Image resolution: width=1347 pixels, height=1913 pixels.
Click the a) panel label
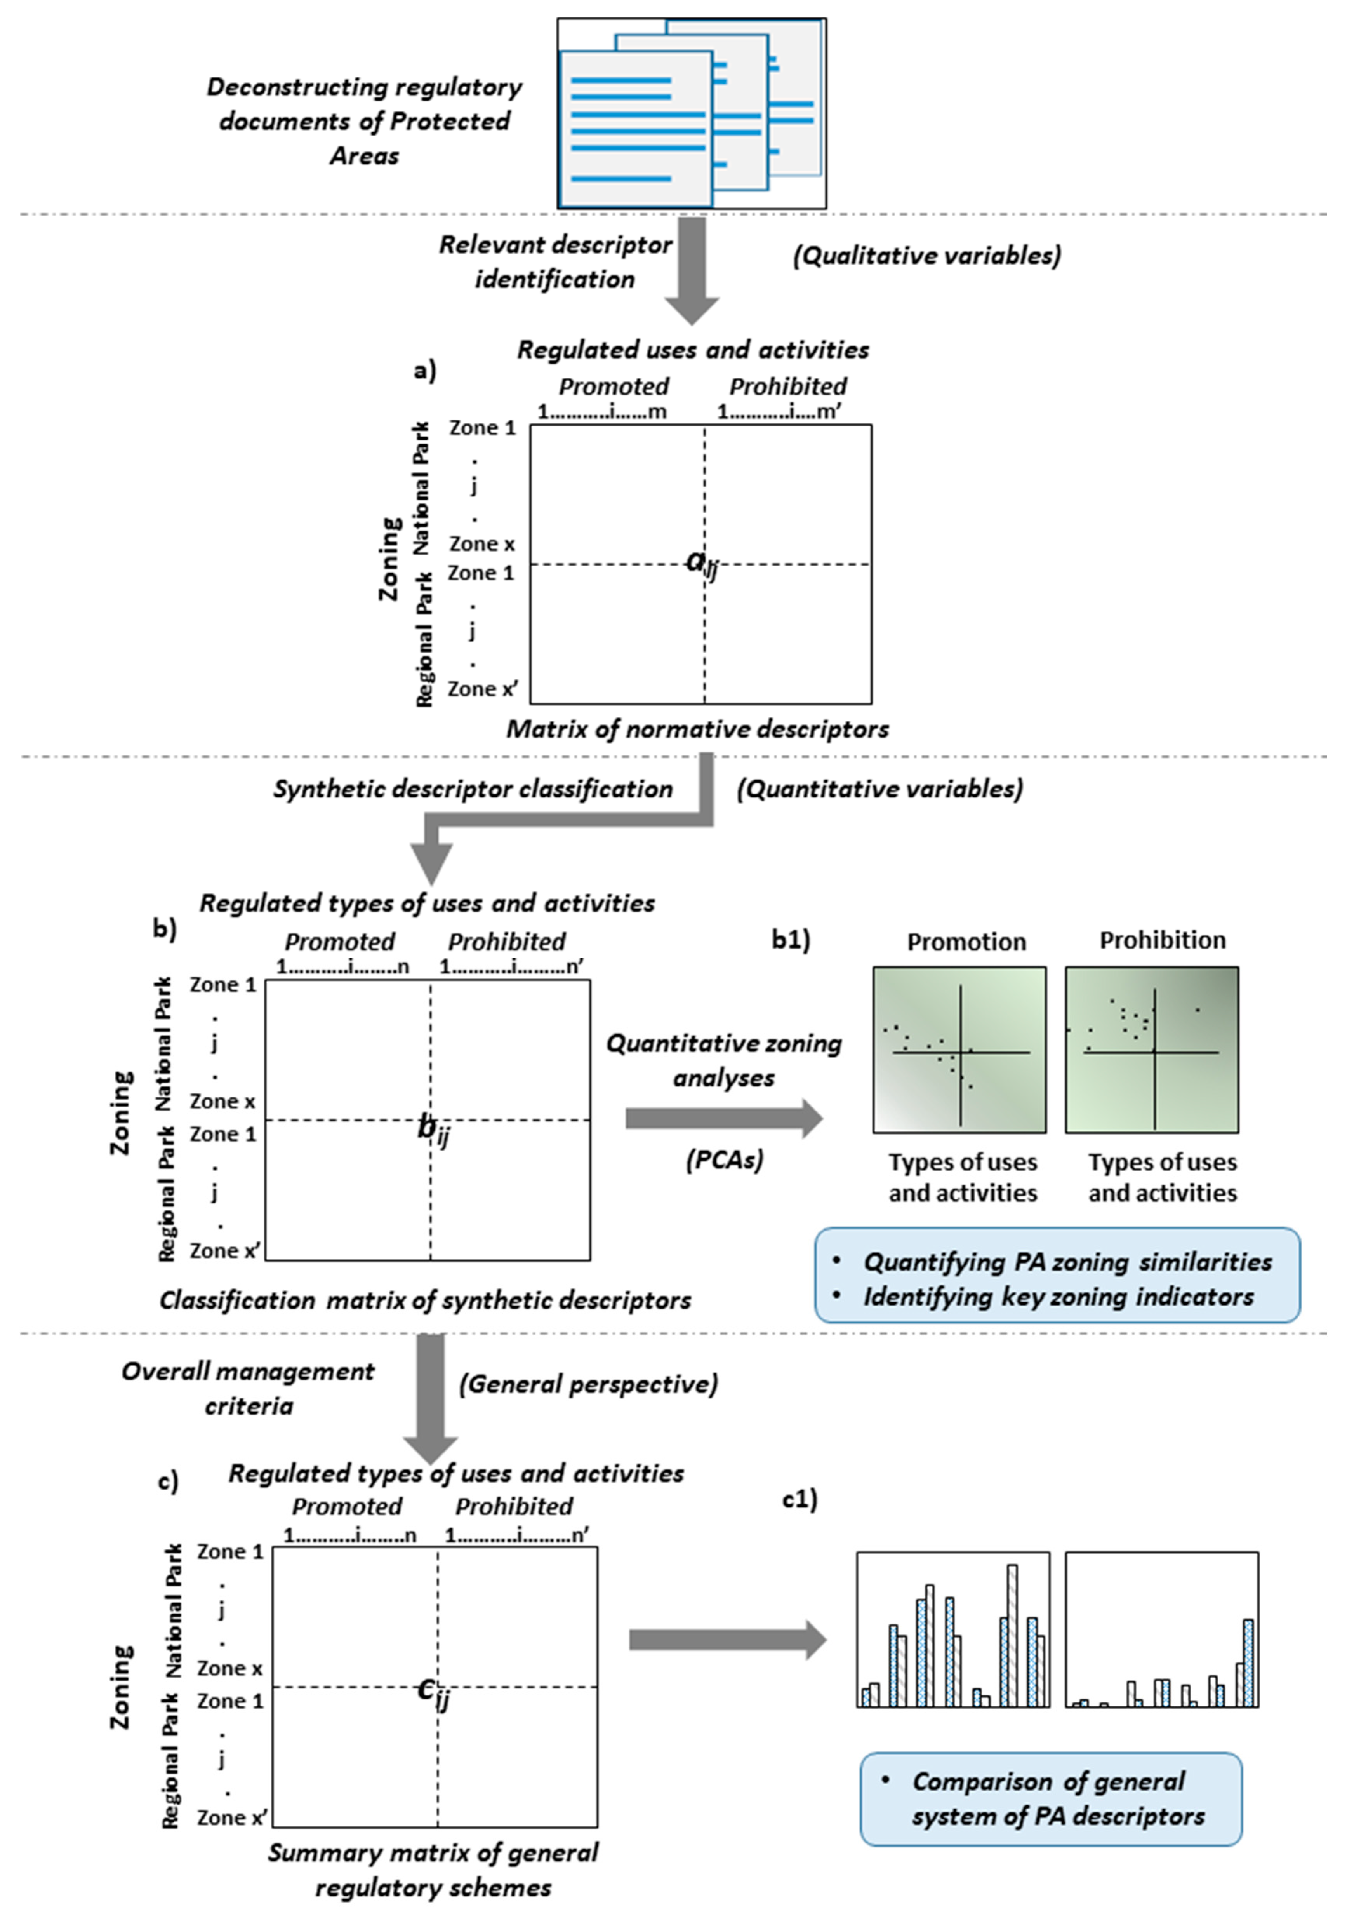coord(425,371)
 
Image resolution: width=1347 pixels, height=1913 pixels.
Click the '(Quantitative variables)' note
coord(879,789)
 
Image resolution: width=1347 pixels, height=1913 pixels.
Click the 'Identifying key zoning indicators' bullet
coord(1058,1297)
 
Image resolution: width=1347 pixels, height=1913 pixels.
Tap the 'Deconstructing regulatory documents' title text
coord(364,121)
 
